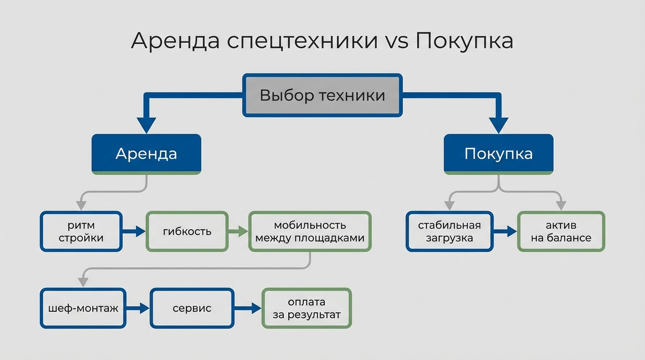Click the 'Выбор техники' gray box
coord(322,96)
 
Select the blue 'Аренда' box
coord(146,154)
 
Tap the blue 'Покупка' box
coord(498,154)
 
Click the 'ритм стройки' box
coord(81,232)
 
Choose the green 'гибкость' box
coord(187,232)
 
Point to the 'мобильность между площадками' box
coord(310,232)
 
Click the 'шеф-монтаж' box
coord(83,308)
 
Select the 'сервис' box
coord(192,308)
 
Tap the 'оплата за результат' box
coord(307,308)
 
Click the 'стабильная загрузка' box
coord(450,232)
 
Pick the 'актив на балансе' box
coord(561,232)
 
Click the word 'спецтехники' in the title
coord(302,41)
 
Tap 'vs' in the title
coord(397,41)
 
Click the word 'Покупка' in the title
coord(464,41)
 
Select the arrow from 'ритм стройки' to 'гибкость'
coord(134,232)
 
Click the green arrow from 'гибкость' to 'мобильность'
coord(238,232)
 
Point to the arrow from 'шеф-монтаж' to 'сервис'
coord(138,308)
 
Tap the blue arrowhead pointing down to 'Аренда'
coord(146,125)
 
